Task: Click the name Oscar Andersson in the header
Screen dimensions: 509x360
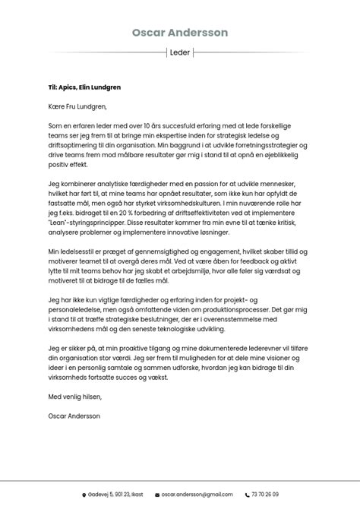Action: click(180, 33)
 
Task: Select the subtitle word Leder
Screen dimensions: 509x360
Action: click(180, 52)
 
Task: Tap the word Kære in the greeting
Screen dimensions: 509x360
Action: click(56, 107)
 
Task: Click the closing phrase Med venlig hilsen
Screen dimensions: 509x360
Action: click(74, 397)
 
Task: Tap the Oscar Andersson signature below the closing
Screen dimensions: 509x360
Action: click(74, 416)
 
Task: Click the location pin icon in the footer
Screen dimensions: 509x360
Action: click(84, 495)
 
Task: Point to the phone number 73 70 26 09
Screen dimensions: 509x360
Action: click(265, 495)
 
